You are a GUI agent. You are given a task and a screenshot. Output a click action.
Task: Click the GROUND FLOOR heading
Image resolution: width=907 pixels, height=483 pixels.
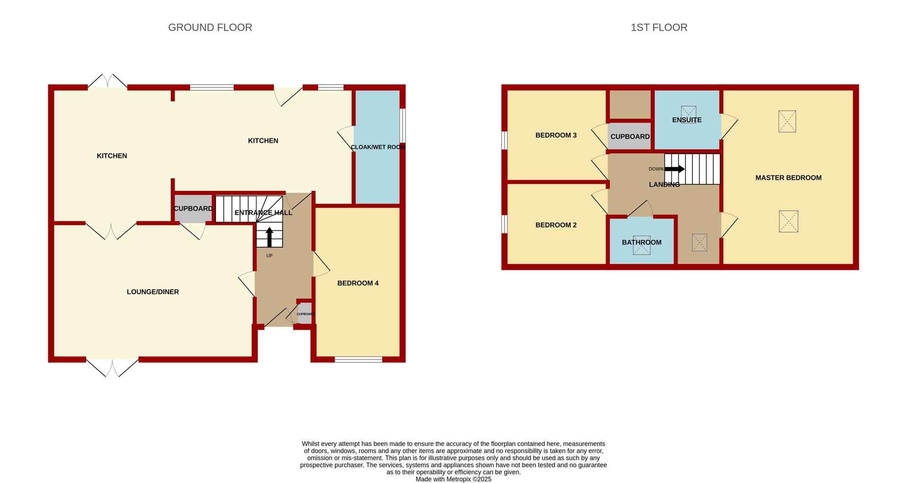[x=210, y=27]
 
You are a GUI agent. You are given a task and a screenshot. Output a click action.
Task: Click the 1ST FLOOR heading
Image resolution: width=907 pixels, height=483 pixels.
[x=659, y=27]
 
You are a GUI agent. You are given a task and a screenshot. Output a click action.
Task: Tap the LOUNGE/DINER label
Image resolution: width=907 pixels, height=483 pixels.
[x=153, y=292]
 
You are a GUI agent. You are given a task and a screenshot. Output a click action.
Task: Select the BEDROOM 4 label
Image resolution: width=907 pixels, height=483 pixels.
[x=358, y=283]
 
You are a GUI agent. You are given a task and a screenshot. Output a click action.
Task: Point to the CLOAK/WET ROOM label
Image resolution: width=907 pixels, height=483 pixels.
[x=378, y=147]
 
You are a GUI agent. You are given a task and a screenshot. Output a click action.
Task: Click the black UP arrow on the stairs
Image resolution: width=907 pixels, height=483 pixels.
[x=269, y=237]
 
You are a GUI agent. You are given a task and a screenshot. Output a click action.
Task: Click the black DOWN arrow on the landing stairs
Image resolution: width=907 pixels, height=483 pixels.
[x=675, y=169]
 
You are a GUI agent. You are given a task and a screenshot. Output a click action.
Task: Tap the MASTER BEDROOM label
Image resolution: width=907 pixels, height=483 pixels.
[x=788, y=178]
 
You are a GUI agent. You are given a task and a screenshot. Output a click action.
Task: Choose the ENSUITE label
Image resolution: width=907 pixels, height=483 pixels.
[x=687, y=120]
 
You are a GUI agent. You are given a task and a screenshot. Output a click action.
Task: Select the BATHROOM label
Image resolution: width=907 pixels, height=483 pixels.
[x=642, y=242]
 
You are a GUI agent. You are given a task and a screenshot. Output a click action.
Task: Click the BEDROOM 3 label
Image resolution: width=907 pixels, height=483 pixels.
[x=556, y=135]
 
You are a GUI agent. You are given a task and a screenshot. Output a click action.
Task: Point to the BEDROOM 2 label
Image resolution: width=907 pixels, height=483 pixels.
[x=556, y=225]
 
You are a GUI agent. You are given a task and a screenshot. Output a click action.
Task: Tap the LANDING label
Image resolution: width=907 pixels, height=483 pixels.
[x=664, y=185]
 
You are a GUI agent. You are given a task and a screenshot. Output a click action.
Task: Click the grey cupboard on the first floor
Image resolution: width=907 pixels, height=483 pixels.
[x=630, y=136]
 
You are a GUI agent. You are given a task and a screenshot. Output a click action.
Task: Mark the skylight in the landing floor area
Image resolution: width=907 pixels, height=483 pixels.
[x=700, y=242]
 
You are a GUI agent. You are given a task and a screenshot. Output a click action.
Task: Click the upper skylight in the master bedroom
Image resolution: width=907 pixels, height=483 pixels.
[x=787, y=121]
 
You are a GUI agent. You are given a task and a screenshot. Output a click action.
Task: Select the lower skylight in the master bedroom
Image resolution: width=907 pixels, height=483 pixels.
[x=788, y=221]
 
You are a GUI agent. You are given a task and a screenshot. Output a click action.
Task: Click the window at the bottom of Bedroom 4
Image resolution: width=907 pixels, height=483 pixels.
[x=359, y=360]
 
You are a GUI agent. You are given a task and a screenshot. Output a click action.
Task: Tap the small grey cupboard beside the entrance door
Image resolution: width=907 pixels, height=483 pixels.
[x=305, y=313]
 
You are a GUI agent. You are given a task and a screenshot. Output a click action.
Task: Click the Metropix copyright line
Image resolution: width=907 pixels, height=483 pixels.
[x=453, y=479]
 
